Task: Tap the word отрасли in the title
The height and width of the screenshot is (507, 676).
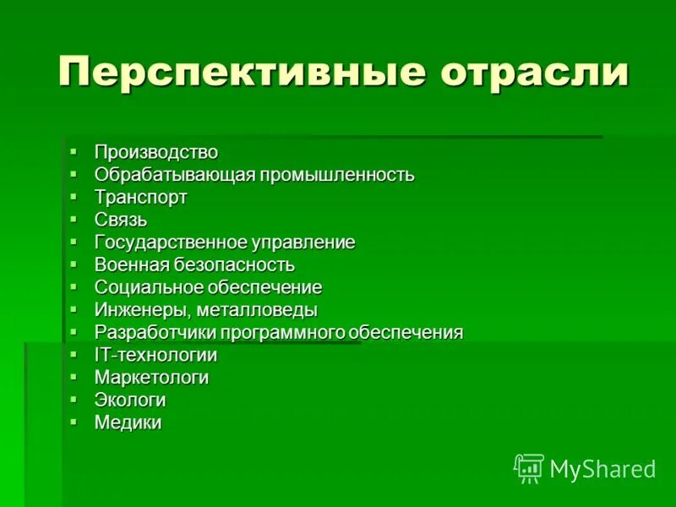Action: click(533, 72)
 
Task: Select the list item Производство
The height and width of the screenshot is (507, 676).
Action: click(156, 152)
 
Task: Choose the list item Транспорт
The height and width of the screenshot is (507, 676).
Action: click(141, 198)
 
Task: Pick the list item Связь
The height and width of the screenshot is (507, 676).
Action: click(121, 221)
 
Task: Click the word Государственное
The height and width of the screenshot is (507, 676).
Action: click(169, 243)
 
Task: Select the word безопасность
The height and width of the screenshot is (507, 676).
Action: click(230, 265)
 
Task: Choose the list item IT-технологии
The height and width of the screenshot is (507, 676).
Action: click(156, 355)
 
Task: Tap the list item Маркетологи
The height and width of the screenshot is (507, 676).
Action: click(152, 378)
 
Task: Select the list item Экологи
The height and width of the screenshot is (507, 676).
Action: click(130, 400)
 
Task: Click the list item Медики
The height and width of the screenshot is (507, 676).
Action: click(128, 422)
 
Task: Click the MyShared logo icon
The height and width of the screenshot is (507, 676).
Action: click(529, 467)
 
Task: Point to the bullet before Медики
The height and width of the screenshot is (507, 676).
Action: click(74, 420)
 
